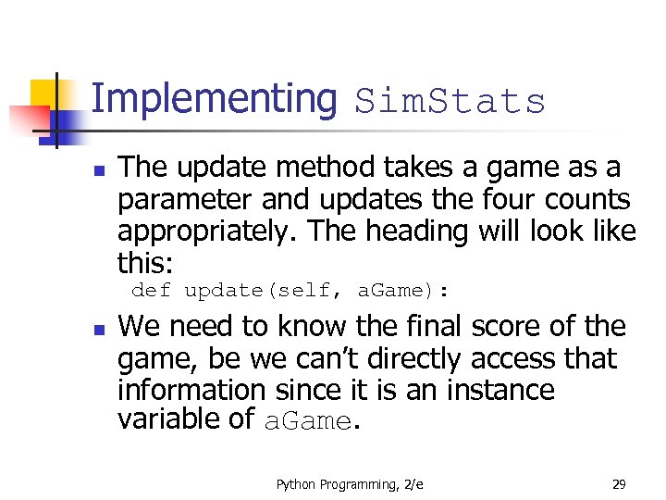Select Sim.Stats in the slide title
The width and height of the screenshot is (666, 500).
click(450, 102)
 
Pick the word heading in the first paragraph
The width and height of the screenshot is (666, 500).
click(416, 231)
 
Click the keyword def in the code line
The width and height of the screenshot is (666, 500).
click(151, 291)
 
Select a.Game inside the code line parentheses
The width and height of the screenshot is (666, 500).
click(391, 291)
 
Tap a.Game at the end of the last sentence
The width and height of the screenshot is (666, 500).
click(307, 421)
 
